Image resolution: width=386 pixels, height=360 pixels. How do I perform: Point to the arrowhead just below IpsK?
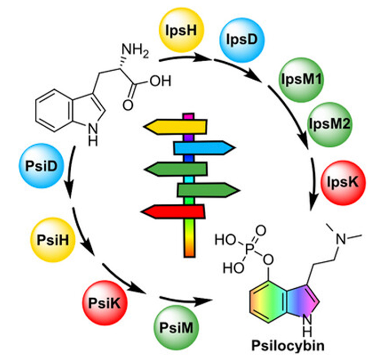[315, 205]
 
